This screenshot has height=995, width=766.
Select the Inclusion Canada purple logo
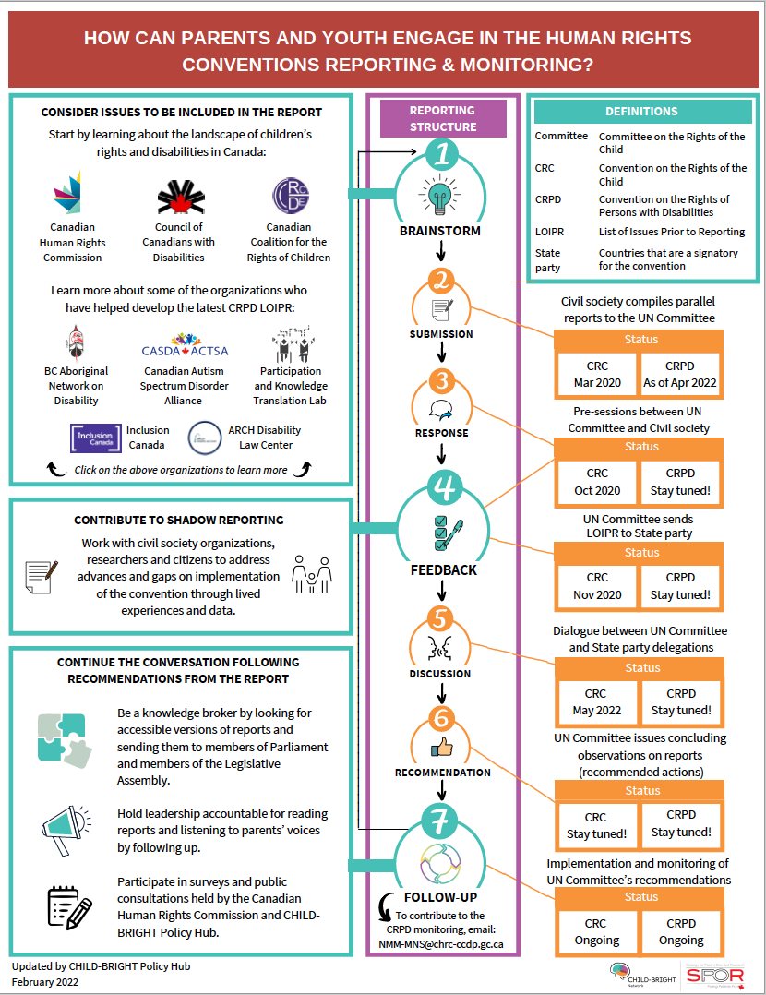(x=96, y=437)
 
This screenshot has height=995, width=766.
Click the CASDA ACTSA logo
(x=185, y=348)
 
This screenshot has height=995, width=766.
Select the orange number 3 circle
(x=442, y=380)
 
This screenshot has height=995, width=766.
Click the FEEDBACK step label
(x=443, y=569)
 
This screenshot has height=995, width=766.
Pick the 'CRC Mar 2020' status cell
(x=597, y=374)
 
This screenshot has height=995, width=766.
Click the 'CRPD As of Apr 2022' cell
(x=681, y=374)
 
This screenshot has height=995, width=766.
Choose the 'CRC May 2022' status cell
(x=596, y=701)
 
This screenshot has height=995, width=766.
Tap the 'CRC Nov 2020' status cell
(x=597, y=586)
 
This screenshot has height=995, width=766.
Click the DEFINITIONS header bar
(x=641, y=111)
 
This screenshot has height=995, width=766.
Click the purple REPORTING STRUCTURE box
(x=443, y=119)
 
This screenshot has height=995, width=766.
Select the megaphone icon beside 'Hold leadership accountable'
(x=66, y=822)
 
